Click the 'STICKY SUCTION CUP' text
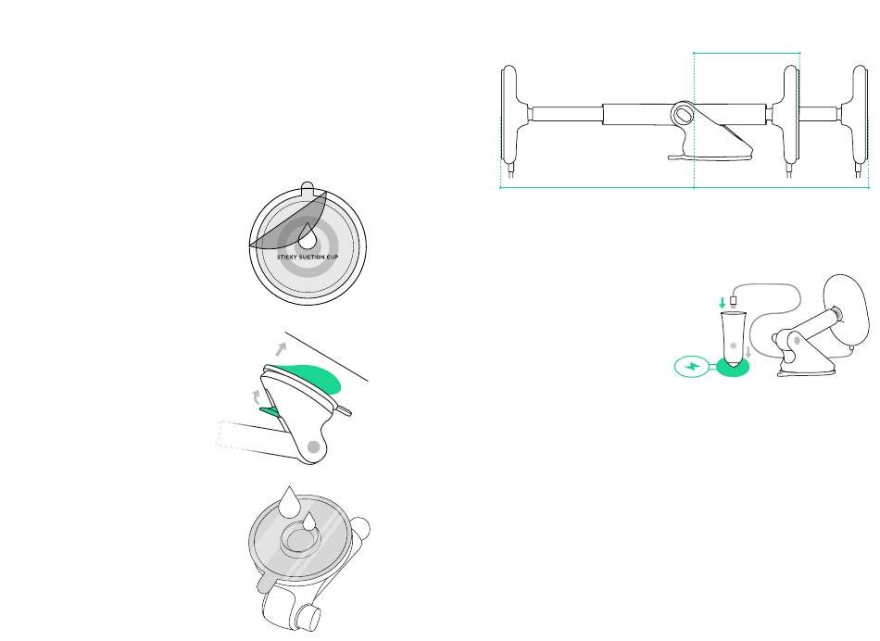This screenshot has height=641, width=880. [308, 258]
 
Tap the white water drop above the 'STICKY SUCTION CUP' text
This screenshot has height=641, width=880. [307, 237]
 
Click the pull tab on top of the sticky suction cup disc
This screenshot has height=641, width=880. [307, 187]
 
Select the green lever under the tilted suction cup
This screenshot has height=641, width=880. [270, 411]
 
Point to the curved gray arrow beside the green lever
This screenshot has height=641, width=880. [256, 396]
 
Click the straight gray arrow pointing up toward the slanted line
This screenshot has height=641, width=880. [281, 349]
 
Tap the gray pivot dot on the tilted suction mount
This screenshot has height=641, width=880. [314, 446]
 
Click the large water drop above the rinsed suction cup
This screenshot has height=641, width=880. [289, 503]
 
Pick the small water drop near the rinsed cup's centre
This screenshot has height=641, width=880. [309, 522]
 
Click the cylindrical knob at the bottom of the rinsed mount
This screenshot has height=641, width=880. [309, 618]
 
